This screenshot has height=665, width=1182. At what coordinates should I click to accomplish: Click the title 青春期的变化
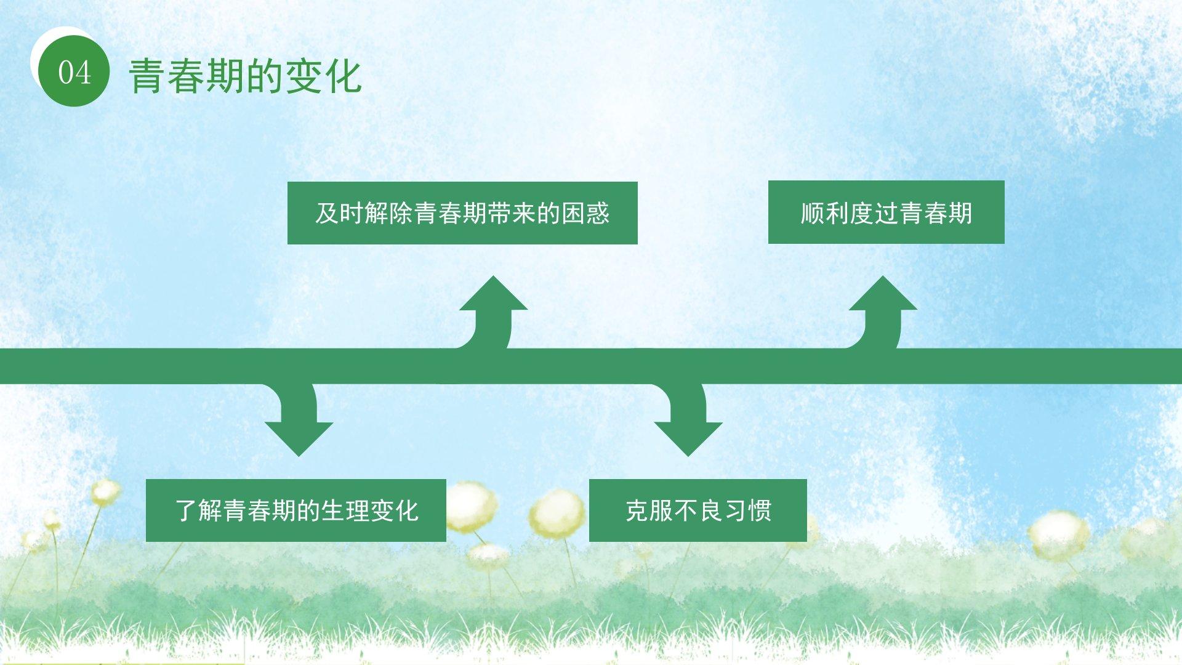coord(245,76)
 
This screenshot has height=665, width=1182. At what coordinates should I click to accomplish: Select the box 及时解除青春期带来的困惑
coord(462,213)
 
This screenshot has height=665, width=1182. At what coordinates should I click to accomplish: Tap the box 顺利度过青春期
coord(886,212)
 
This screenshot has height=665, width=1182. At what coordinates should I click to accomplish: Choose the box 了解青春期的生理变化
coord(295,510)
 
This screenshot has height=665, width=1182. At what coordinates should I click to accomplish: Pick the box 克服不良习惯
coord(698,510)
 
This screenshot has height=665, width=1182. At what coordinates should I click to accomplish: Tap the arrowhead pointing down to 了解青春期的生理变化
coord(299,437)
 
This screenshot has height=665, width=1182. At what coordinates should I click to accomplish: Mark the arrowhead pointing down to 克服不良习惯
coord(688,437)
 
